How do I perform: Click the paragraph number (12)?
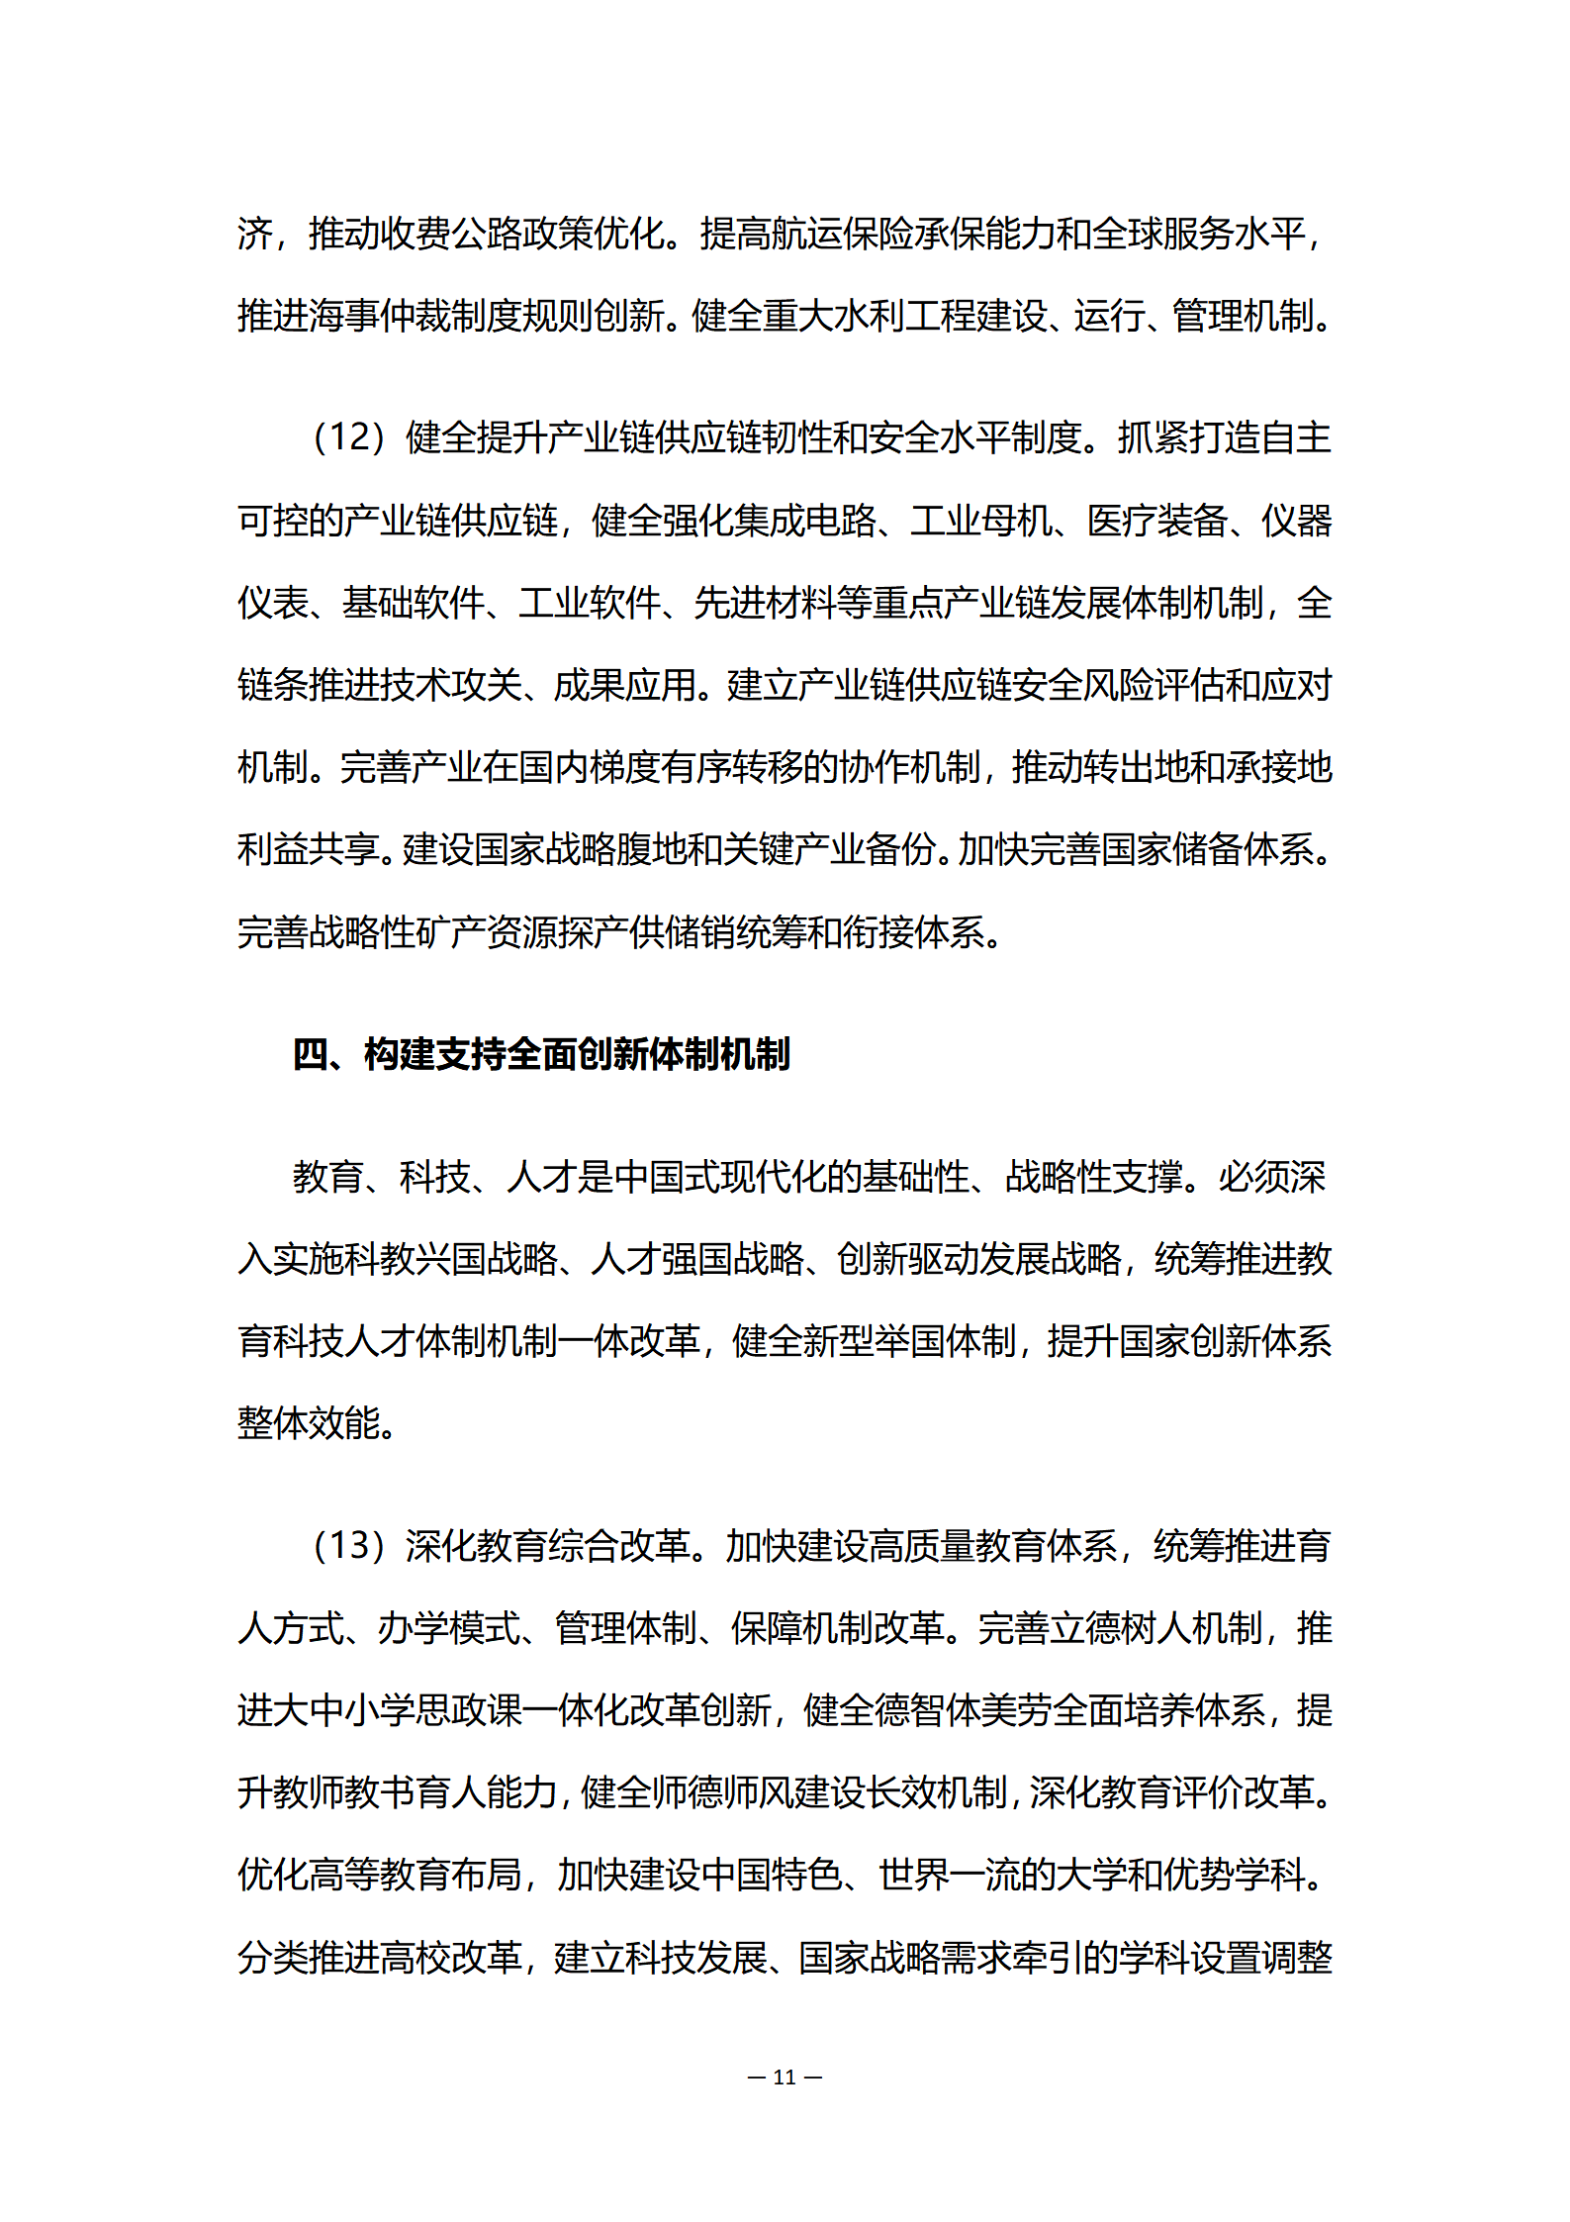click(x=348, y=437)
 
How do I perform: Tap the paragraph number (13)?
click(x=348, y=1546)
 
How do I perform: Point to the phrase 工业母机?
click(x=980, y=521)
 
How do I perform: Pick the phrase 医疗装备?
click(x=1157, y=521)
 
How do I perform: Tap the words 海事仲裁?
click(x=379, y=317)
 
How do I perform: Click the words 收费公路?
click(x=451, y=235)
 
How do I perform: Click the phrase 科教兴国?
click(x=415, y=1260)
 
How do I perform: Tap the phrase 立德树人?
click(x=1120, y=1628)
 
